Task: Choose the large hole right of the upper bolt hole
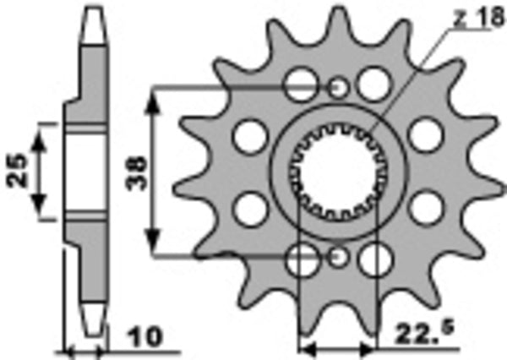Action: click(373, 84)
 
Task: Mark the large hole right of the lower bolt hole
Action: click(373, 259)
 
